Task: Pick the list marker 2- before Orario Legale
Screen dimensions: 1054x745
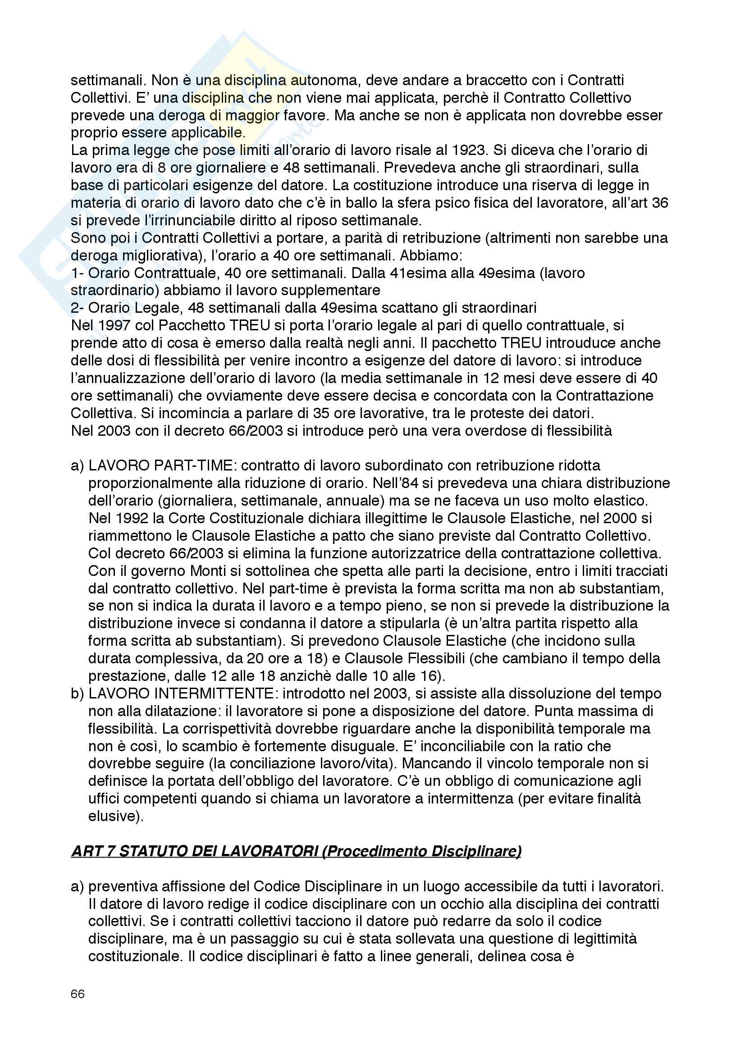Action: (x=77, y=308)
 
